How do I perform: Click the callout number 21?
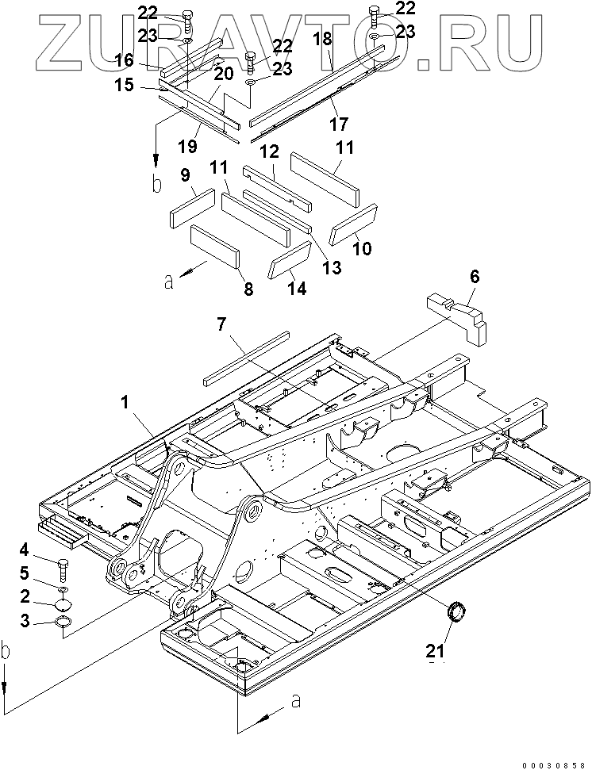pos(435,651)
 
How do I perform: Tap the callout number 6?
pos(474,277)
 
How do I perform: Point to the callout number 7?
pos(221,324)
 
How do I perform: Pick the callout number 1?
pos(125,403)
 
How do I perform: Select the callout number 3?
pos(25,621)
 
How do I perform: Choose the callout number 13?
pos(332,267)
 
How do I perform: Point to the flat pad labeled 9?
pos(193,209)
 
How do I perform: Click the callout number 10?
pos(363,248)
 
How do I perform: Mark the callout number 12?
pos(270,151)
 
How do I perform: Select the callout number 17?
pos(339,124)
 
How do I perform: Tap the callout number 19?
pos(187,145)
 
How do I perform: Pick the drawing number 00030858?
pos(554,765)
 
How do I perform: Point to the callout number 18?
pos(323,39)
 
